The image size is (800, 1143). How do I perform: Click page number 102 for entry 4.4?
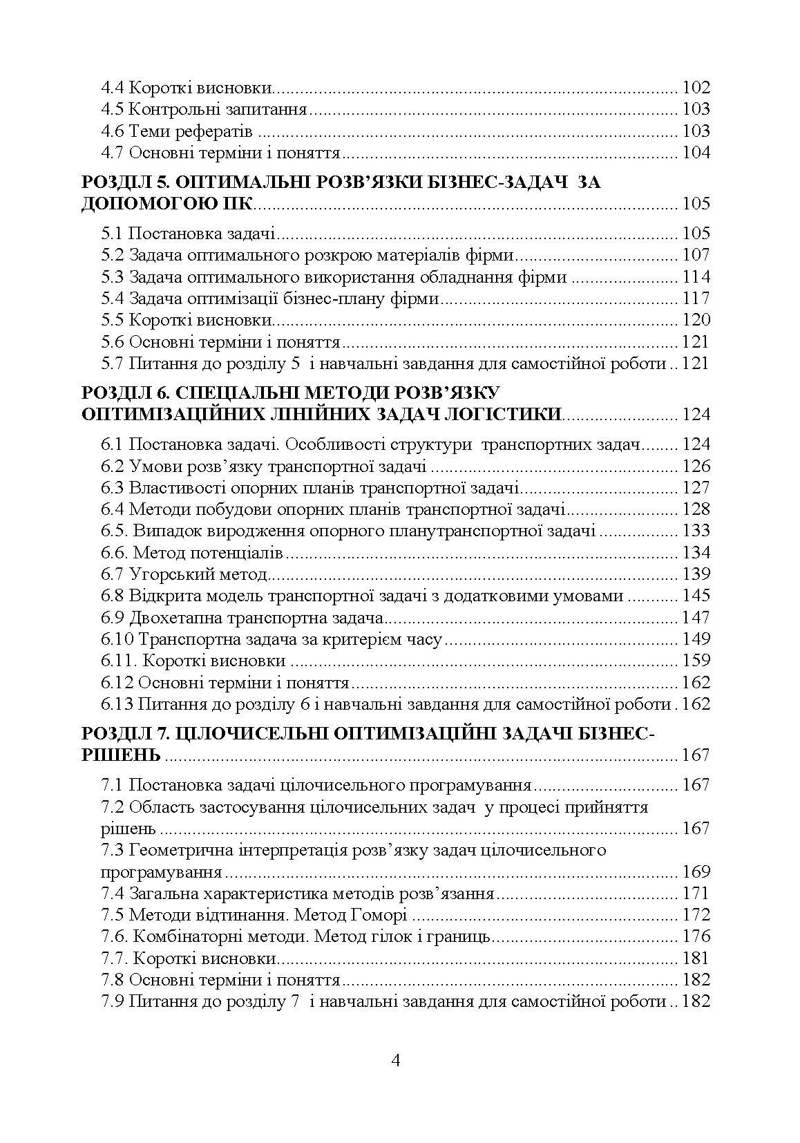(695, 88)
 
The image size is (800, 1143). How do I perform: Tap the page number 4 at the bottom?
(396, 1060)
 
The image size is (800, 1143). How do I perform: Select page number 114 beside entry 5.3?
(695, 277)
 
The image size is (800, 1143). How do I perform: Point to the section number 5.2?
(112, 256)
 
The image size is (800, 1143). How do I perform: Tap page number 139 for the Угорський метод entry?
(695, 574)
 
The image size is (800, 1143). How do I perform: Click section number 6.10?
(117, 639)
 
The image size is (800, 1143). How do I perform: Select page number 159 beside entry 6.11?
(695, 661)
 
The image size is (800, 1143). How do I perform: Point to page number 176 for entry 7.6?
(695, 937)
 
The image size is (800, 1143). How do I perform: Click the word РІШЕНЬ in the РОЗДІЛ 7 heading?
(121, 755)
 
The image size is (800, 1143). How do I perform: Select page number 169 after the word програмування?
(695, 871)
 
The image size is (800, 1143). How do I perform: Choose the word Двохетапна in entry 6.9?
(171, 618)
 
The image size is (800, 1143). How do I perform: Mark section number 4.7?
(112, 153)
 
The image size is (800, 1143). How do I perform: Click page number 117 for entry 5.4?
(695, 299)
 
